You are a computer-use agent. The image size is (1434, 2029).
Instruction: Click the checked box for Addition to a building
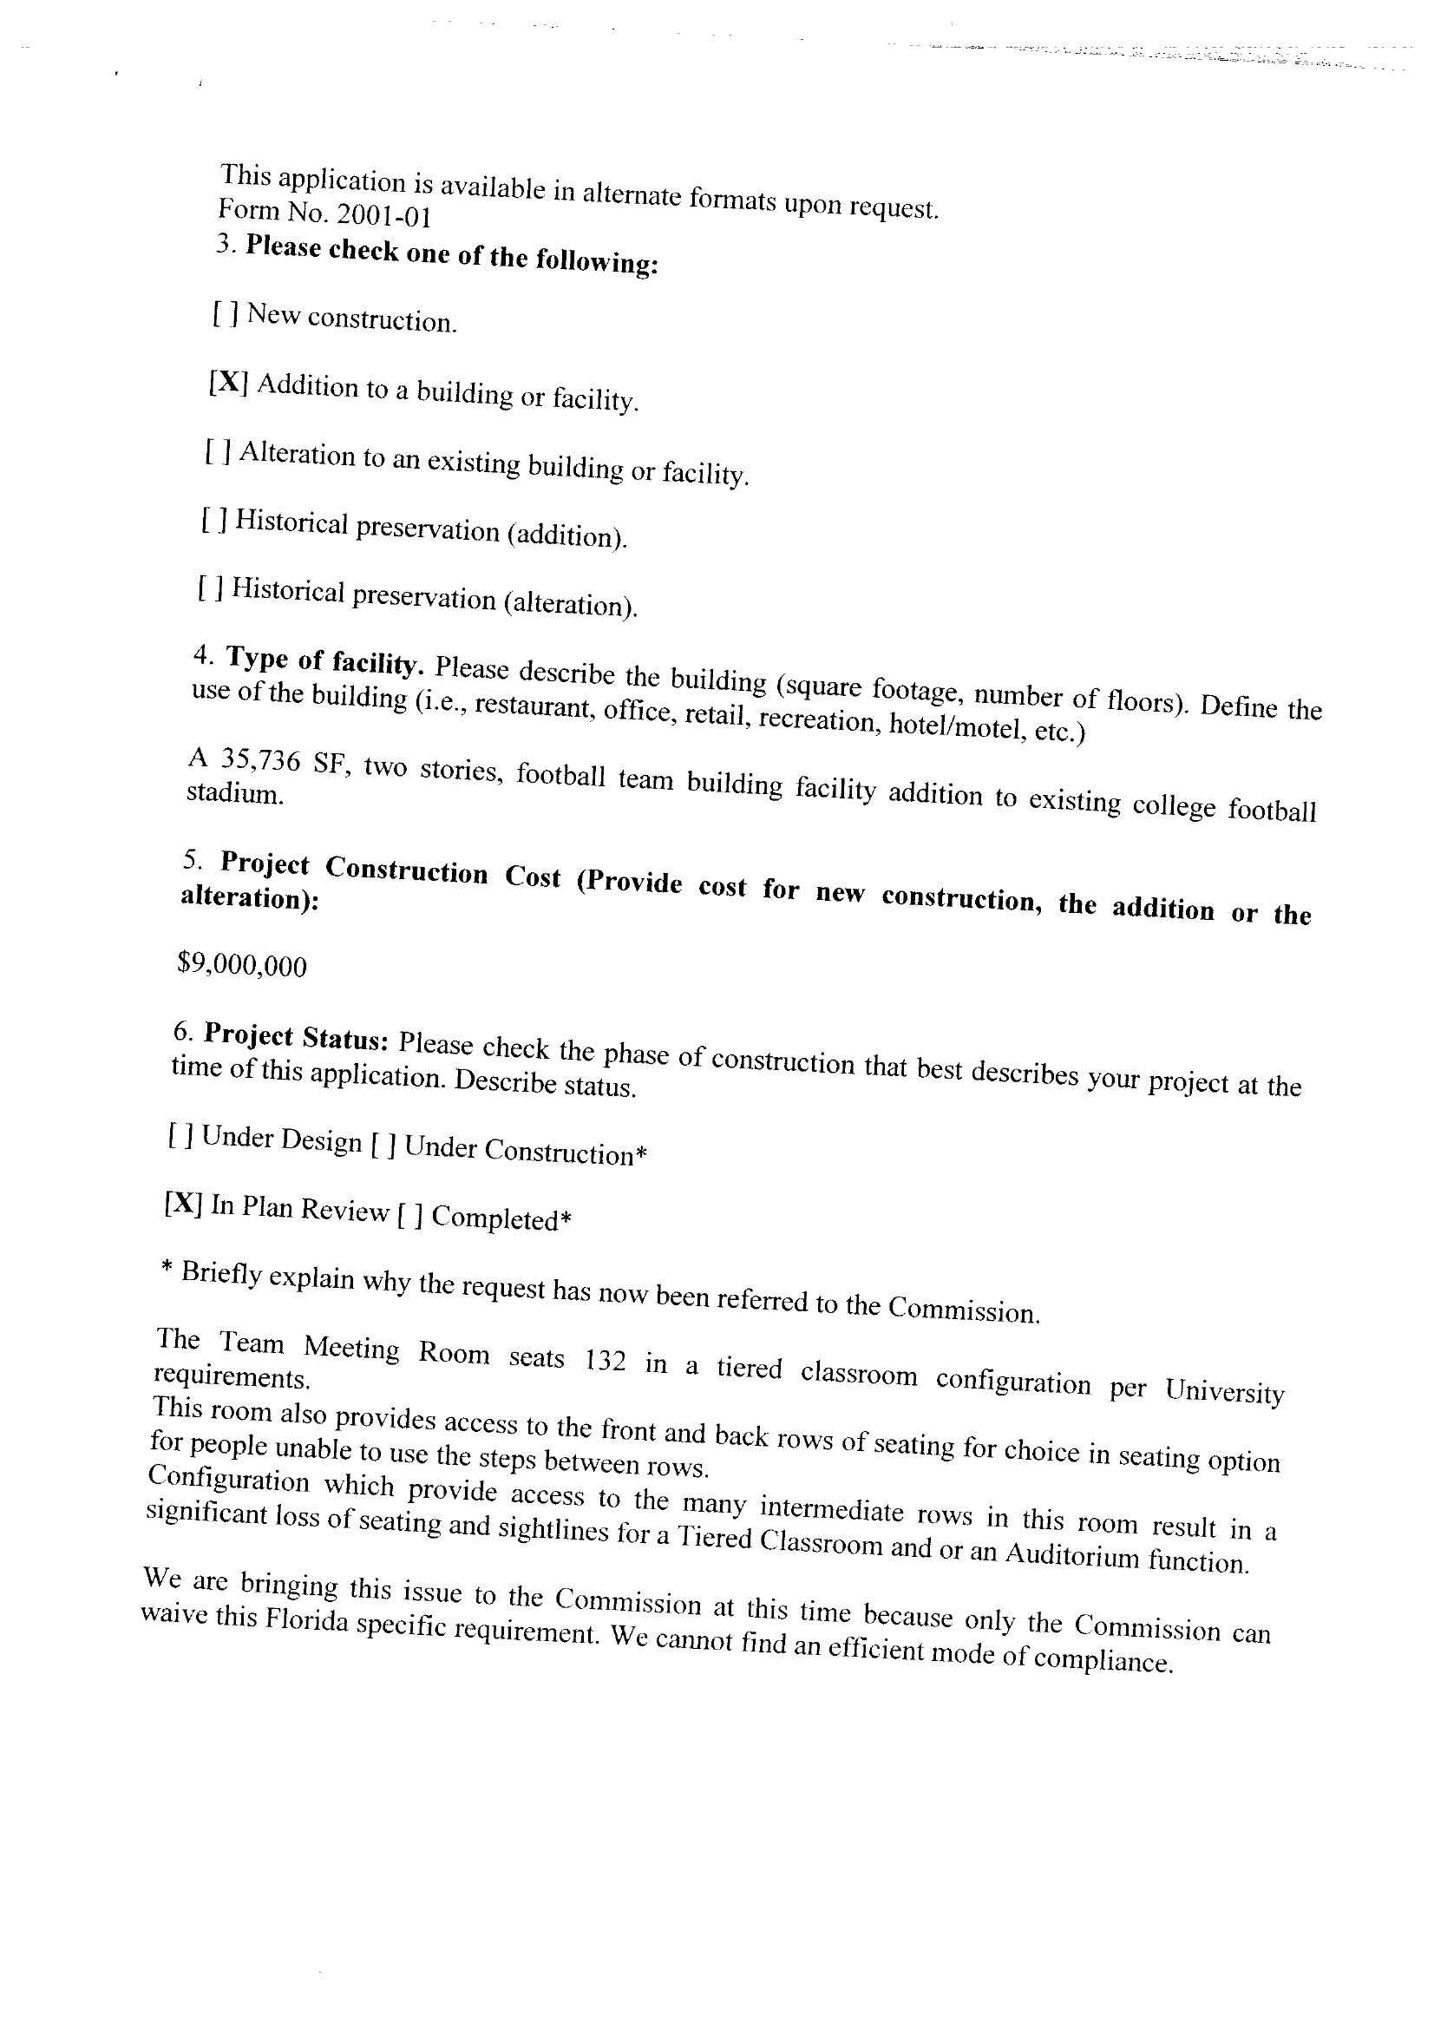tap(228, 383)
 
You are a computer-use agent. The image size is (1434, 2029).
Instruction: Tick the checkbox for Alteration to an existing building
tap(219, 451)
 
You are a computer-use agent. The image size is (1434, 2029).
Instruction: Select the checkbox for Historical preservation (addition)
tap(214, 520)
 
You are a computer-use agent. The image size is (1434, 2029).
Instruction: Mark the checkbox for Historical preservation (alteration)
tap(210, 587)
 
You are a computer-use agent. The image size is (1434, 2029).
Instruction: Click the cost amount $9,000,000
tap(242, 965)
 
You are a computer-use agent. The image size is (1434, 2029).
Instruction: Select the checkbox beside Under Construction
tap(383, 1146)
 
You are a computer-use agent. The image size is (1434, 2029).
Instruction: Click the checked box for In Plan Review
tap(184, 1204)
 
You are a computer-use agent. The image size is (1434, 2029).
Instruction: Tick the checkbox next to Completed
tap(410, 1216)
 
